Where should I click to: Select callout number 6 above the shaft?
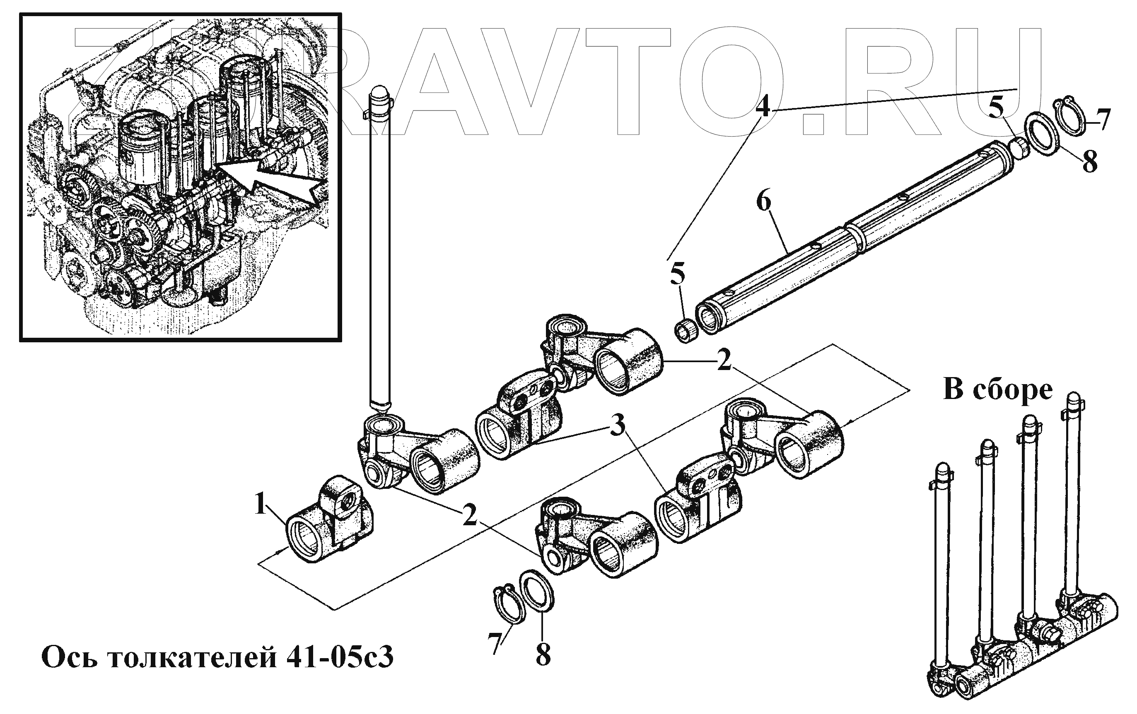point(763,202)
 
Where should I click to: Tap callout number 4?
point(762,108)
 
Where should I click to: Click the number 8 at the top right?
point(1090,161)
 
